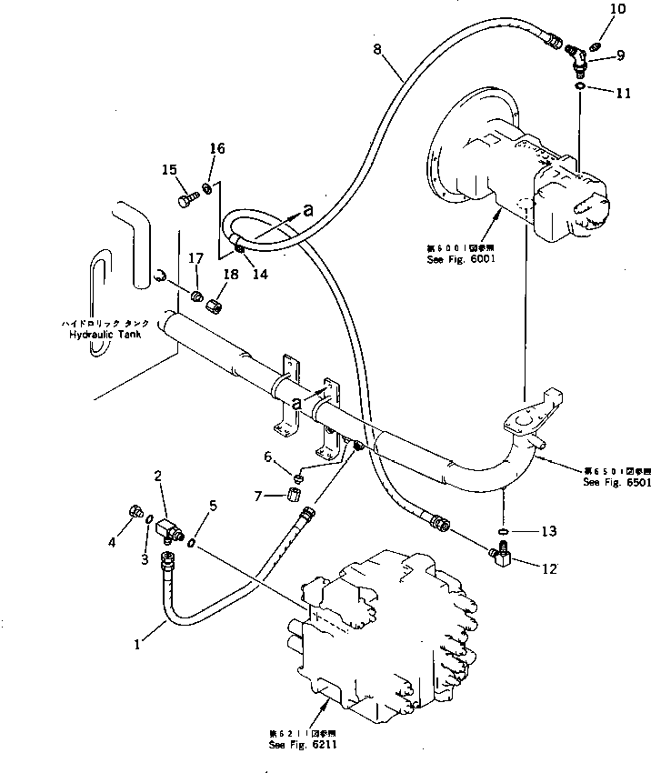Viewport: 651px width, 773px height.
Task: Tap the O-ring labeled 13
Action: click(x=504, y=530)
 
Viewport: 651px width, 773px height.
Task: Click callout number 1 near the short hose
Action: click(x=136, y=645)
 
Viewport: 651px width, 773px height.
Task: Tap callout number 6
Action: click(x=267, y=456)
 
